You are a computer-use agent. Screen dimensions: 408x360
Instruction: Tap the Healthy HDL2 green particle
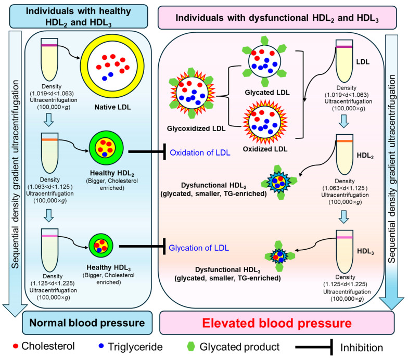click(x=106, y=149)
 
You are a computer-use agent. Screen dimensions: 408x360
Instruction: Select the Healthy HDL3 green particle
click(x=101, y=246)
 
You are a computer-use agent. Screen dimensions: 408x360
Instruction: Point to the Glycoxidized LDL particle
click(x=192, y=93)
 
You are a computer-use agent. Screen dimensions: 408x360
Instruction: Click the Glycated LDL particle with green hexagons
click(x=264, y=61)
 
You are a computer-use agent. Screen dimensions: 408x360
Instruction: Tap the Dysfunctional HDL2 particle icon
click(x=279, y=182)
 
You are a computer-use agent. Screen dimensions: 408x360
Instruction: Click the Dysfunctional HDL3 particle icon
click(x=279, y=256)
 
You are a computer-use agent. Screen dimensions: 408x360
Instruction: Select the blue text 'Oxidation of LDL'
click(x=200, y=152)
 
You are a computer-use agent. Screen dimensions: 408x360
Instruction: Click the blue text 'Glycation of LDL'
click(x=199, y=248)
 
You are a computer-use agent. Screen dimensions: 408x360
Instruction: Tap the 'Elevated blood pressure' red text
click(x=277, y=323)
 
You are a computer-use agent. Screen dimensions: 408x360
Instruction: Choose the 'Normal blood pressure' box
click(x=87, y=323)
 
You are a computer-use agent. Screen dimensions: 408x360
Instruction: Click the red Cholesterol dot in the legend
click(x=16, y=346)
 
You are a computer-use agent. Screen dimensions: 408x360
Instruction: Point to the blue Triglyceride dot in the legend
click(x=101, y=346)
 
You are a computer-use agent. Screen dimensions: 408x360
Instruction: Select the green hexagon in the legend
click(x=191, y=346)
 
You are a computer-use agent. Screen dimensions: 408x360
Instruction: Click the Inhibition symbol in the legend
click(x=314, y=347)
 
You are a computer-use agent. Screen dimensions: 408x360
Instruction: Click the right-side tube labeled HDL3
click(x=345, y=251)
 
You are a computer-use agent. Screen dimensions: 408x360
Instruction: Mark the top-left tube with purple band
click(x=49, y=59)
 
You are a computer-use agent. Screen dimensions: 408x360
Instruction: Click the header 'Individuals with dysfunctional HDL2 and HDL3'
click(x=277, y=18)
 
